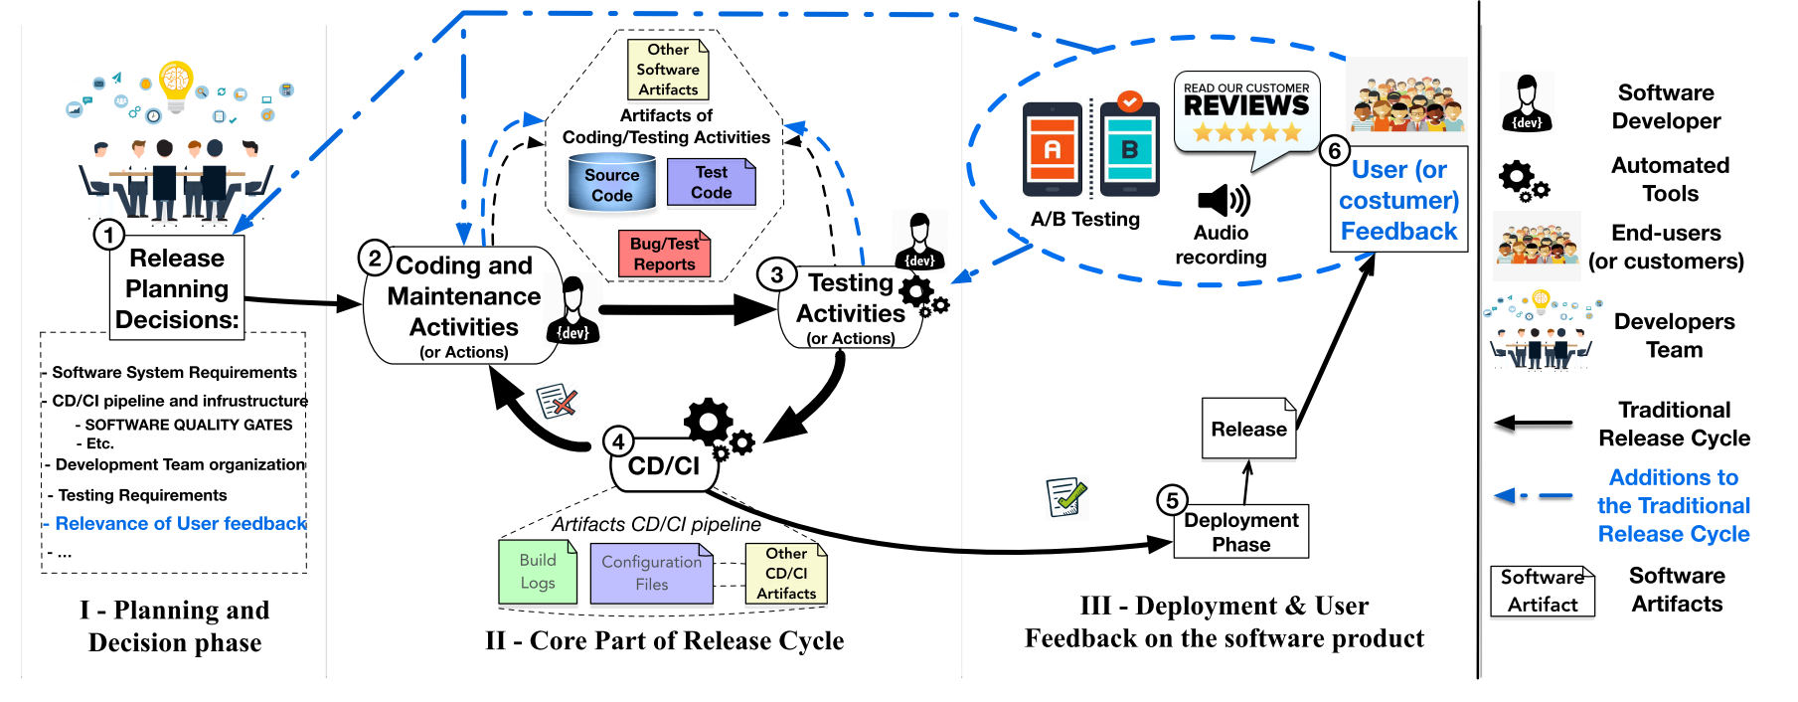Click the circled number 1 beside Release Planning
pos(108,235)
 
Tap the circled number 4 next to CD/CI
pos(618,441)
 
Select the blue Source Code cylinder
pos(611,185)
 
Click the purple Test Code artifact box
pos(711,183)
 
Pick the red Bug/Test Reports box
pos(664,254)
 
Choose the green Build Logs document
pos(538,572)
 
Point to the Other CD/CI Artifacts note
pos(786,574)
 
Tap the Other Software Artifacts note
pos(668,70)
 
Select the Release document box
pos(1249,429)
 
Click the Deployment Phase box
pos(1241,532)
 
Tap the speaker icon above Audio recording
pos(1223,201)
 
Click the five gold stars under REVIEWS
pos(1246,132)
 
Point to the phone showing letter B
pos(1129,150)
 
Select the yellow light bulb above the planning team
pos(176,84)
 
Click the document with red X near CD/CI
pos(557,401)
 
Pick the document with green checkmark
pos(1065,496)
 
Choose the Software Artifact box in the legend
pos(1543,591)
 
